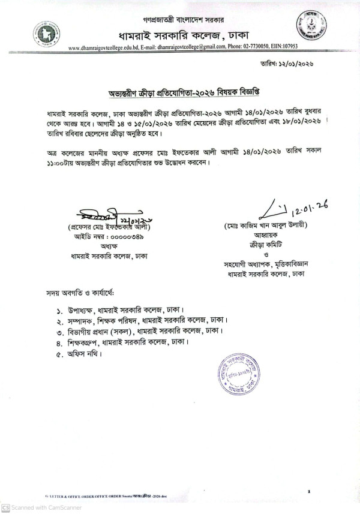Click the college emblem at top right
(x=310, y=28)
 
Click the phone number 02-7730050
(x=253, y=47)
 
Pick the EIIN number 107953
(x=287, y=47)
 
